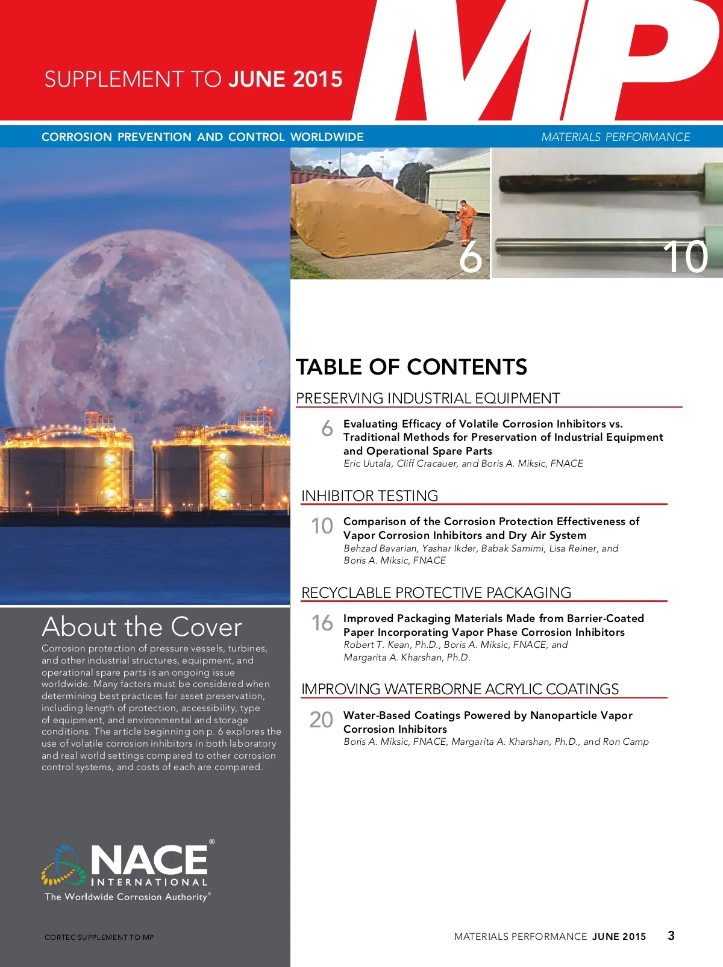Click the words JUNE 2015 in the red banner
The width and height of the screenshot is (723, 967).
pyautogui.click(x=286, y=79)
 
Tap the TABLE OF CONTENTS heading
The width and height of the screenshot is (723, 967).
pyautogui.click(x=412, y=367)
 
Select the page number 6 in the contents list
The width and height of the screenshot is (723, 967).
pyautogui.click(x=327, y=428)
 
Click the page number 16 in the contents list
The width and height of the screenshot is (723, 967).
pyautogui.click(x=322, y=623)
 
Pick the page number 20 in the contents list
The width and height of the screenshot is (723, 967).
pyautogui.click(x=321, y=720)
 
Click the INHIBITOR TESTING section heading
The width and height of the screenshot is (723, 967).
pyautogui.click(x=369, y=496)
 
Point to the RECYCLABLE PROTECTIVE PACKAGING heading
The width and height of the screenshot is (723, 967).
pyautogui.click(x=436, y=592)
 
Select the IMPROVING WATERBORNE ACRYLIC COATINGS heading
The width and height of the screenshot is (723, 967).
pyautogui.click(x=460, y=689)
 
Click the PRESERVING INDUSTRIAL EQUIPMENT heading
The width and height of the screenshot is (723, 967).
pyautogui.click(x=428, y=398)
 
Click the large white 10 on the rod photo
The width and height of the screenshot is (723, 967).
pyautogui.click(x=685, y=257)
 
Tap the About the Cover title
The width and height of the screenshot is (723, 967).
pyautogui.click(x=142, y=627)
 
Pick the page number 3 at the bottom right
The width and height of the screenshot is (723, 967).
pyautogui.click(x=671, y=935)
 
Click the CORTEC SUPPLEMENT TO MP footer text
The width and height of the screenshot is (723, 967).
pyautogui.click(x=99, y=937)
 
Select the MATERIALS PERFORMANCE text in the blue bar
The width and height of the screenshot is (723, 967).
pyautogui.click(x=615, y=137)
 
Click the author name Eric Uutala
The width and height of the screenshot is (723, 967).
pyautogui.click(x=367, y=463)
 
